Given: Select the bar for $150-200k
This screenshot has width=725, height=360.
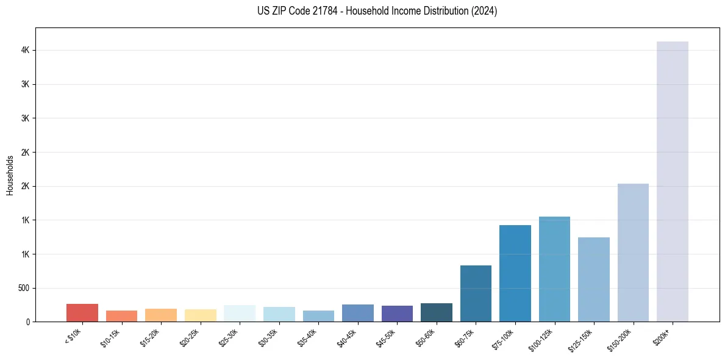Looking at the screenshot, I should [x=633, y=253].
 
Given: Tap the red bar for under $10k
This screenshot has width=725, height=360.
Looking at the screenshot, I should [x=82, y=312].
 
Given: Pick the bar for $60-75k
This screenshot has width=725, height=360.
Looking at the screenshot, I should [x=476, y=293].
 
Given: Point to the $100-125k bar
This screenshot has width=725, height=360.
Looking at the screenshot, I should [x=554, y=269].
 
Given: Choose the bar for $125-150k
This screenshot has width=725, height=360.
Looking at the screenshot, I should [x=593, y=279].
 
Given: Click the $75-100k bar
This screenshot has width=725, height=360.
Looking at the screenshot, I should [x=515, y=273].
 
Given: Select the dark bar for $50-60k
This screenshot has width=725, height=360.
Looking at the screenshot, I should [x=436, y=312].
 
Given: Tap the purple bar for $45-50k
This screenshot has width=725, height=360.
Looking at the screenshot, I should [x=397, y=314].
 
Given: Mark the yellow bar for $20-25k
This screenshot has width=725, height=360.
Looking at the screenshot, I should [x=200, y=315].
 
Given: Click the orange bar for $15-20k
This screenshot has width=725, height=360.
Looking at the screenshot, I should [x=161, y=315].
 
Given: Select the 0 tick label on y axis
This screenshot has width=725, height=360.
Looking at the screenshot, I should [x=27, y=322].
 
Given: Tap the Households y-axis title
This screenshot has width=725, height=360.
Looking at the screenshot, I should [x=10, y=175].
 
